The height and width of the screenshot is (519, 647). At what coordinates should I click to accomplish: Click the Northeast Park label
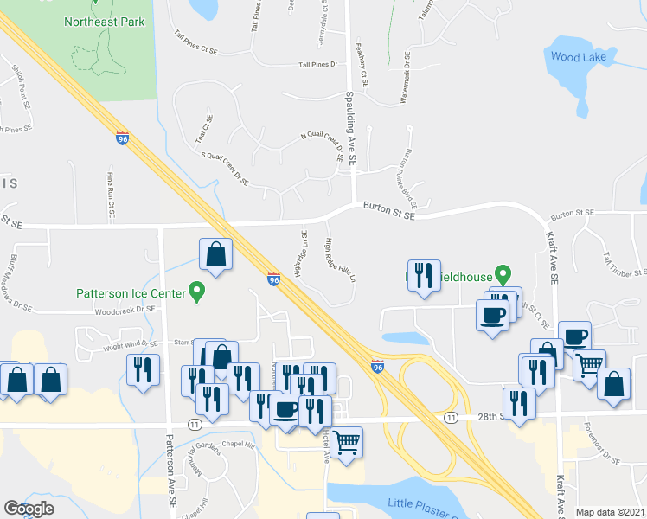[x=104, y=22]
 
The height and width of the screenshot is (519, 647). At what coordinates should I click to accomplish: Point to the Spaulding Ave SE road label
[x=350, y=129]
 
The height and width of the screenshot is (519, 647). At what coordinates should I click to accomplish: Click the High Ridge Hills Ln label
[x=340, y=260]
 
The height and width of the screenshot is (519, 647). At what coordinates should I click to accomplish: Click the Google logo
[x=29, y=509]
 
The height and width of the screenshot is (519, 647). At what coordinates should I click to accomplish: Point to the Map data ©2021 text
[x=611, y=512]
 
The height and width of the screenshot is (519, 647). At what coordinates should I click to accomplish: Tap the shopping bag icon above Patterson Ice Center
[x=215, y=255]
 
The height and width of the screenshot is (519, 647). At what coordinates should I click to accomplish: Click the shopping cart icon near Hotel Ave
[x=347, y=441]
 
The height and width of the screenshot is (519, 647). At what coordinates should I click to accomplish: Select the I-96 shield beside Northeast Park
[x=122, y=137]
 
